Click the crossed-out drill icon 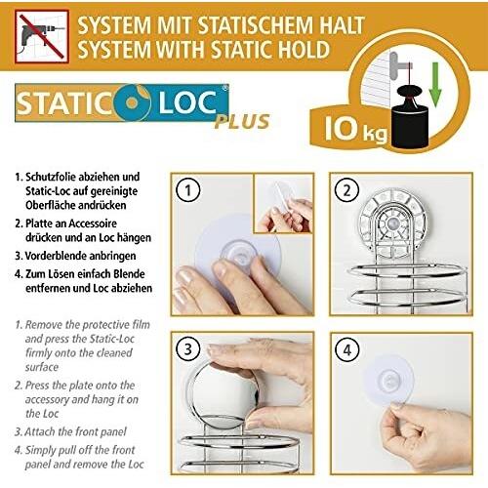[x=42, y=36]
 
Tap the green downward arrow [x=435, y=85]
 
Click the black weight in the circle [x=410, y=117]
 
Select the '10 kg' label [x=355, y=129]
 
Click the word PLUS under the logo [x=242, y=122]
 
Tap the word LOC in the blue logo [x=187, y=102]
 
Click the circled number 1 [x=187, y=190]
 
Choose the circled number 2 [x=346, y=190]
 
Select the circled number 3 [x=187, y=350]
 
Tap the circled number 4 [x=346, y=350]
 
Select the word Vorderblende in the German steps [x=52, y=256]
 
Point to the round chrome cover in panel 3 [x=223, y=394]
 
